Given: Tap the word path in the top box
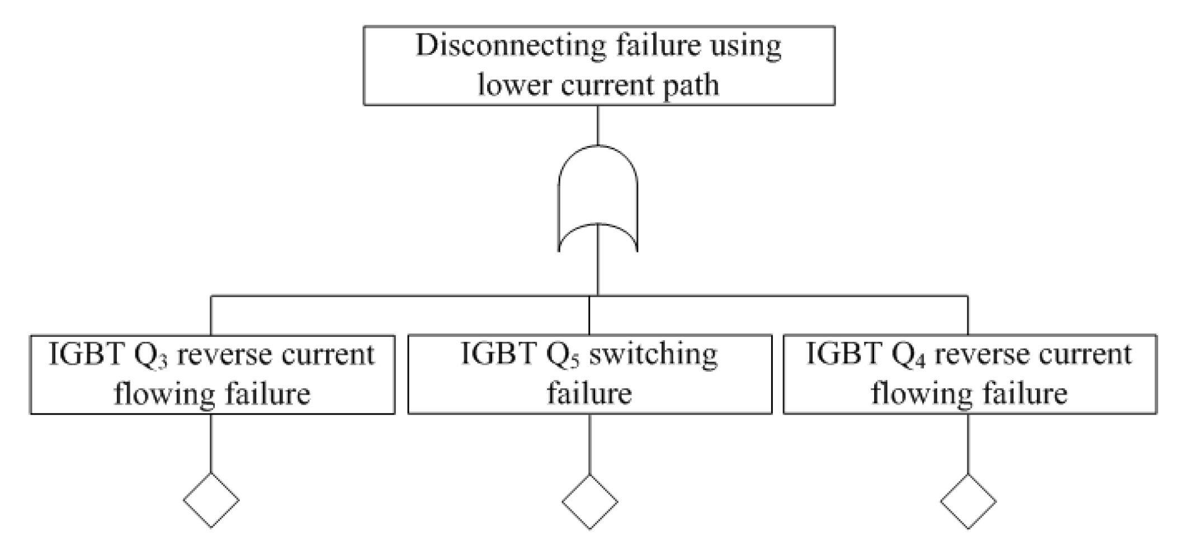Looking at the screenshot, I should tap(690, 86).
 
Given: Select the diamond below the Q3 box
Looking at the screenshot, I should tap(211, 500).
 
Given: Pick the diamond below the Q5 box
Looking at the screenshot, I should tap(589, 501).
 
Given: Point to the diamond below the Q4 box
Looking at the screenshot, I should tap(968, 501).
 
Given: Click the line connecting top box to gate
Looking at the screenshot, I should tap(598, 125).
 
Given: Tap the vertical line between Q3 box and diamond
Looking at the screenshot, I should tap(211, 443).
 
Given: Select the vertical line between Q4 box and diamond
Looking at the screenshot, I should tap(968, 443).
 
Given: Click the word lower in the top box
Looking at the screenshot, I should tap(515, 86).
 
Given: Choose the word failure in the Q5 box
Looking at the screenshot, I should tap(589, 393).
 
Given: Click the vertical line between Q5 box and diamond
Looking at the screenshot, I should tap(589, 443).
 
